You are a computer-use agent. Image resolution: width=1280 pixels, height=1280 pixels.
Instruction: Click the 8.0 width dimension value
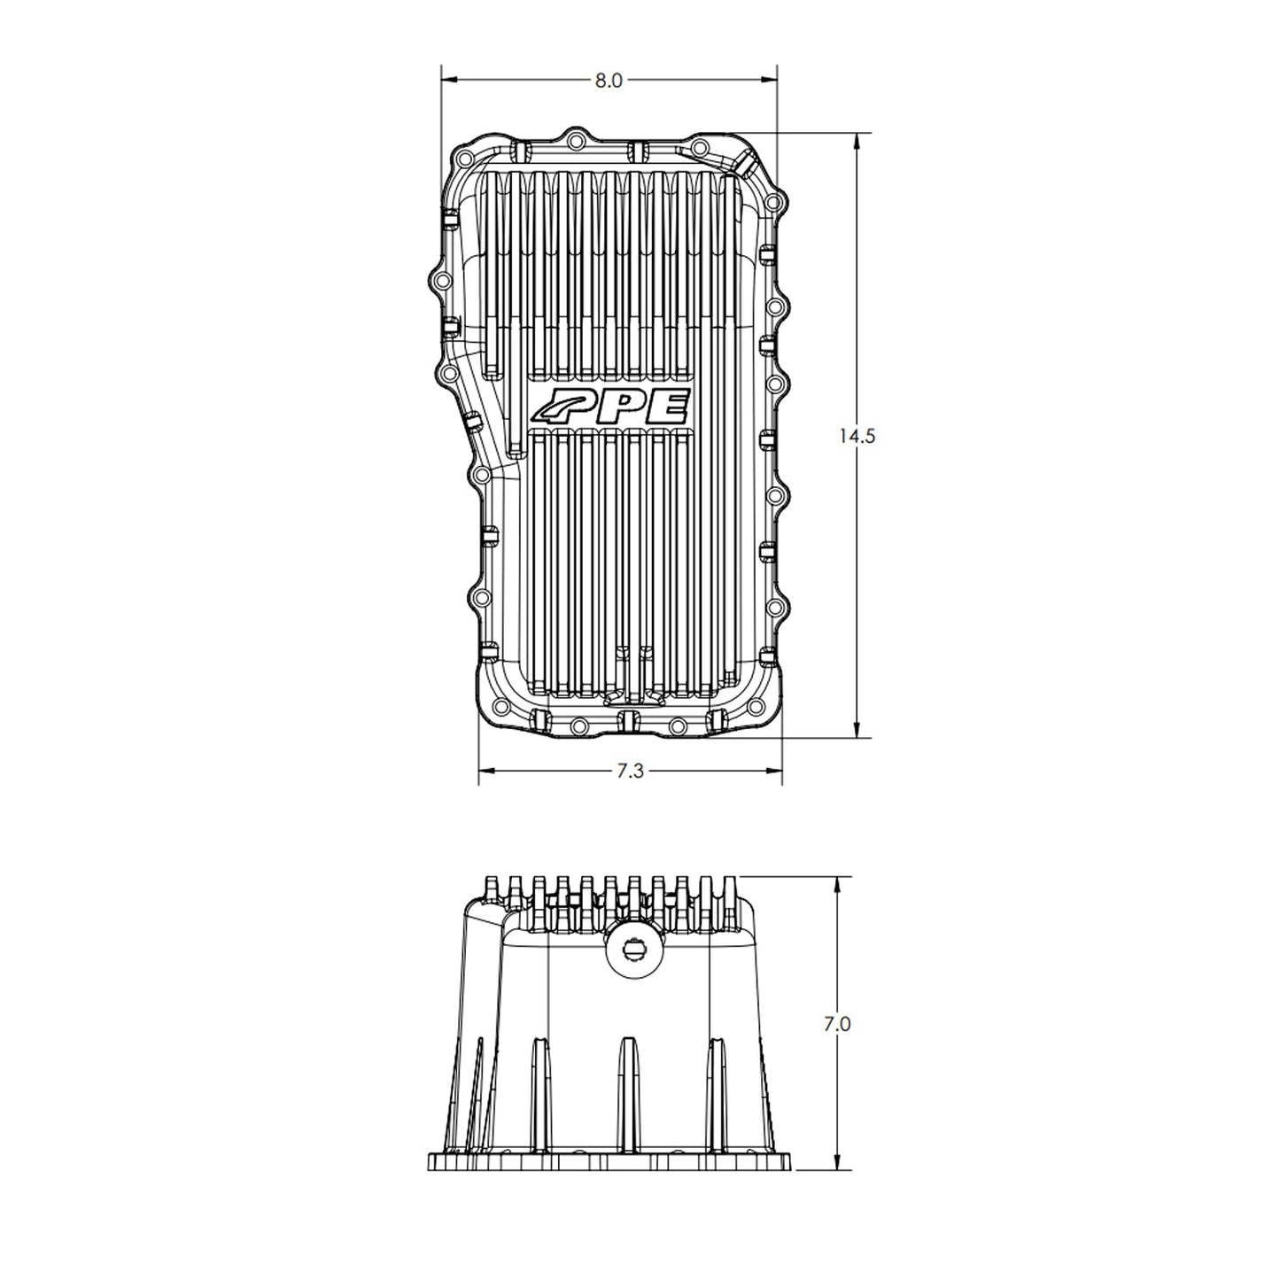[x=609, y=81]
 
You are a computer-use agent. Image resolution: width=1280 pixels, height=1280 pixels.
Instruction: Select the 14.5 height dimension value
[x=856, y=436]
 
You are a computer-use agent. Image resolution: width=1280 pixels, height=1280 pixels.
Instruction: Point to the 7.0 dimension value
[x=837, y=1024]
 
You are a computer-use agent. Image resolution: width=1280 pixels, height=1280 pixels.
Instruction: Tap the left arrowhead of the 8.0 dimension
[x=448, y=81]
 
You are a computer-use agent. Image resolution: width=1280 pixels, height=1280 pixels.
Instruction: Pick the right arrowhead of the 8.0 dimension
[x=770, y=81]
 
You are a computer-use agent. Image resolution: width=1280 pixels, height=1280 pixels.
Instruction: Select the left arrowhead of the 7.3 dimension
[x=485, y=772]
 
